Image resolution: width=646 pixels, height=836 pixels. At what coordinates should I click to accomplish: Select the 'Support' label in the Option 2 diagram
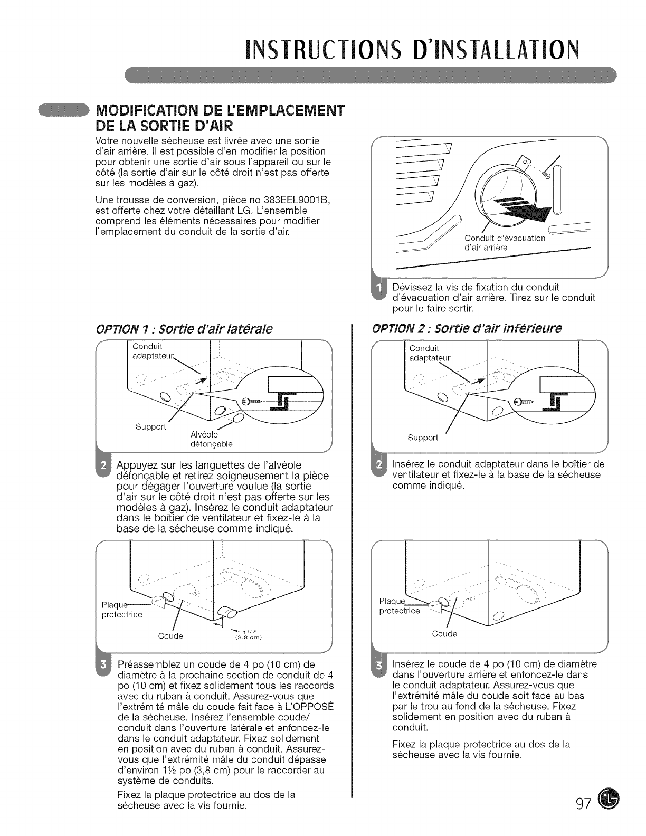coord(423,437)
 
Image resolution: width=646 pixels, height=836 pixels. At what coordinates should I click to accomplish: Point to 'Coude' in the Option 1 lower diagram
coord(170,636)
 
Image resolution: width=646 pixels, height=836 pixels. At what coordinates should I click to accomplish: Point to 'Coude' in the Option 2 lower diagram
coord(444,633)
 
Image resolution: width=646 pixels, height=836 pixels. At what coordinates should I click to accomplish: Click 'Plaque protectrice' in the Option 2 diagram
coord(400,606)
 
